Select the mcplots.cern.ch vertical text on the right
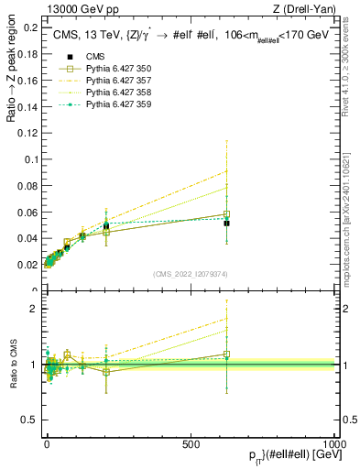point(349,211)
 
